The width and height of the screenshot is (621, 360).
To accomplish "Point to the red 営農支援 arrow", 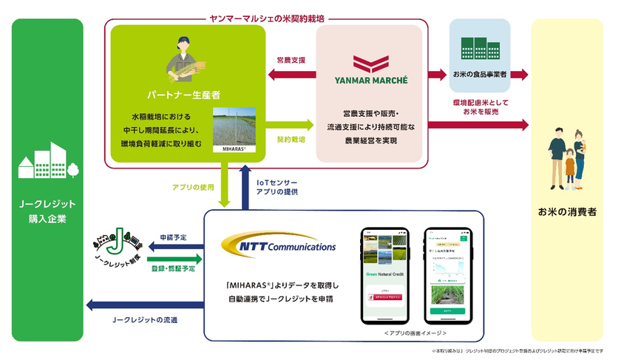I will (286, 74).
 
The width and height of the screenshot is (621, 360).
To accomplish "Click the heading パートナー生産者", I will (182, 95).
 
